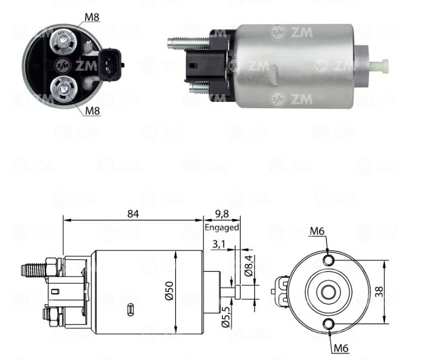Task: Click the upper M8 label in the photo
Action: [92, 17]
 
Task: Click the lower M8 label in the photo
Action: [93, 111]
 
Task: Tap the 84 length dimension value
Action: [133, 214]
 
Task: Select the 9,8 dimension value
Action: [222, 214]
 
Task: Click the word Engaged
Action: [222, 228]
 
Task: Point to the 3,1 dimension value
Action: [219, 244]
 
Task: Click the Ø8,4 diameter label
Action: [249, 266]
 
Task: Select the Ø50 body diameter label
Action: [169, 291]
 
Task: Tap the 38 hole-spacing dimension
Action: [379, 292]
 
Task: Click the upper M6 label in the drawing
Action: [317, 231]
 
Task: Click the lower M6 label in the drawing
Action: [341, 349]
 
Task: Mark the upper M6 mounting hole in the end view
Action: [328, 260]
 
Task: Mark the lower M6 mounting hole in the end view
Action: [328, 324]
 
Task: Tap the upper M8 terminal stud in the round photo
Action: [64, 40]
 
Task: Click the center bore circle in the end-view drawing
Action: [328, 292]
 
